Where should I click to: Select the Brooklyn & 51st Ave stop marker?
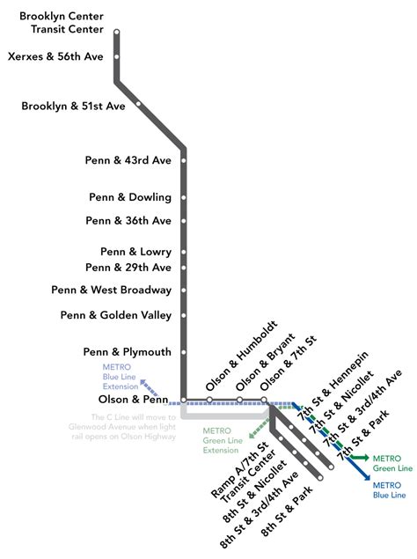(138, 104)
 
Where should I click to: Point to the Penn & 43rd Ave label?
(128, 160)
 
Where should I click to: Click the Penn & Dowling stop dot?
(184, 197)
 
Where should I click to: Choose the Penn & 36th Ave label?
(128, 220)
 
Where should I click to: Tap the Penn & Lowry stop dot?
(184, 252)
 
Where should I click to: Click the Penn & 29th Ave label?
(128, 267)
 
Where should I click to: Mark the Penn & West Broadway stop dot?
(184, 291)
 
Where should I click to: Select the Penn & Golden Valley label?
(116, 315)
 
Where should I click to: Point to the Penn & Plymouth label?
(128, 352)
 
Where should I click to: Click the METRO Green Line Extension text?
(222, 440)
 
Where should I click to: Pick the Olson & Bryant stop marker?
(238, 400)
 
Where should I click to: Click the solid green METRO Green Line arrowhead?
(362, 458)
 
